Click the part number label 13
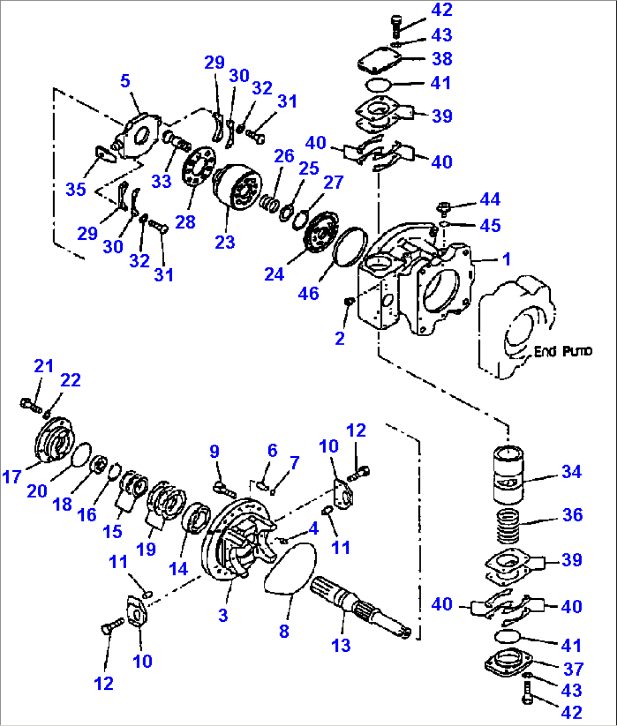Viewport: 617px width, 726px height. point(341,645)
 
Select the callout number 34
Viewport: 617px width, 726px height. point(571,471)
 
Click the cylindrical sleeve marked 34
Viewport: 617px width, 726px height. point(508,475)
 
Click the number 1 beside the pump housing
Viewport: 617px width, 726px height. point(507,259)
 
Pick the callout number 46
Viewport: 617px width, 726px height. point(308,293)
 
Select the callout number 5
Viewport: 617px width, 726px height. point(125,81)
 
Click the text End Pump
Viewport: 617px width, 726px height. point(563,351)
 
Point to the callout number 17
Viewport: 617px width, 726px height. point(11,476)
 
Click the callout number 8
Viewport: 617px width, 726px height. point(284,631)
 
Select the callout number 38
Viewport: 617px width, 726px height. point(442,58)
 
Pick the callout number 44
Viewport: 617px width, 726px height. point(490,199)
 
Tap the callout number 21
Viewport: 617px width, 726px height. point(43,366)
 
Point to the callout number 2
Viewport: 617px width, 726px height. point(340,338)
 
